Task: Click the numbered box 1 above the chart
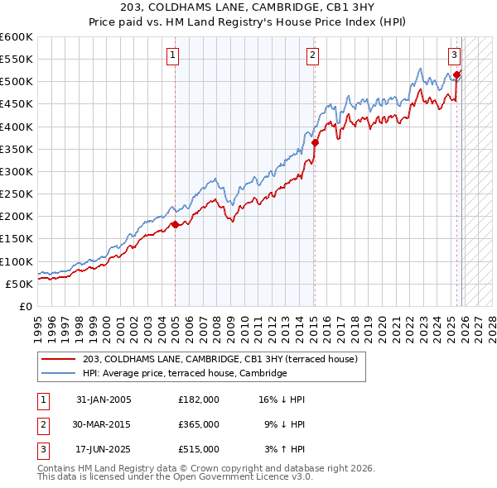pyautogui.click(x=173, y=55)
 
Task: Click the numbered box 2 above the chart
pyautogui.click(x=313, y=55)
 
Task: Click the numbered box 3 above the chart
pyautogui.click(x=455, y=55)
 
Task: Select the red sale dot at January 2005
pyautogui.click(x=175, y=224)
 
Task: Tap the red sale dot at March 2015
pyautogui.click(x=316, y=142)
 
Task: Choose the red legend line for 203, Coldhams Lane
pyautogui.click(x=59, y=359)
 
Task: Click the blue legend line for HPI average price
pyautogui.click(x=59, y=374)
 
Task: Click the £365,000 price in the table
pyautogui.click(x=198, y=423)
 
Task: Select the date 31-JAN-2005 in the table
pyautogui.click(x=104, y=399)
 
